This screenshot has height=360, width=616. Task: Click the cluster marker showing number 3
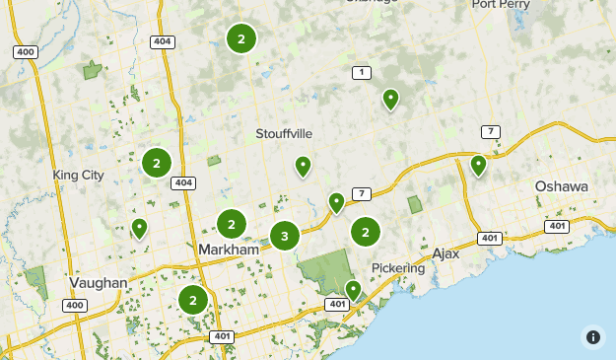point(285,236)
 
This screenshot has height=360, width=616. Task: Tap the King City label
point(78,175)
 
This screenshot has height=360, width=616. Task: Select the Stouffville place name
point(284,133)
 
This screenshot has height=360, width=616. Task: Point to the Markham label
point(228,251)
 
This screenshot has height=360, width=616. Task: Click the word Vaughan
point(99,283)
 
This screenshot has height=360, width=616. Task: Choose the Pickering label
point(398,268)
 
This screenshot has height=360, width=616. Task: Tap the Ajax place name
point(445,253)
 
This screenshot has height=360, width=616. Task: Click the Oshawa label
point(561,186)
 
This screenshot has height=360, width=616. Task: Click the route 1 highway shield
point(362,73)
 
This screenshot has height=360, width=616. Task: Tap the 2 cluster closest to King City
point(156,163)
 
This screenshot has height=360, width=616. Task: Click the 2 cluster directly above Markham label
point(231,224)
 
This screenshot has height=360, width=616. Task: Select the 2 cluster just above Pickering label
point(366,232)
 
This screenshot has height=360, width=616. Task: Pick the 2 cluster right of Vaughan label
point(193,301)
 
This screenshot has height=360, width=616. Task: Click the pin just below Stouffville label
point(304,166)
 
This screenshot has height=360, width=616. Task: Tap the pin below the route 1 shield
point(390,98)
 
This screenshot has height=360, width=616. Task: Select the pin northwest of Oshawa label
point(478,164)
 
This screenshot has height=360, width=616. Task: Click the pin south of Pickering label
point(353,289)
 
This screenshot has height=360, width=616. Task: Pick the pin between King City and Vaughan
point(139,228)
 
